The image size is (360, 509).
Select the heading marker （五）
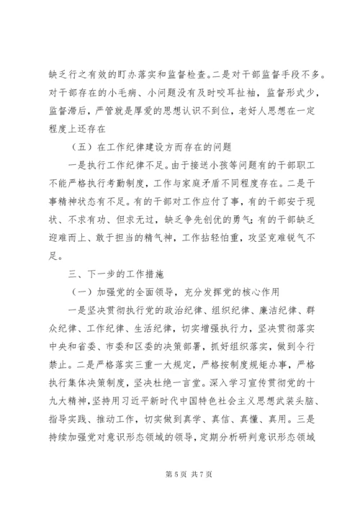coord(73,150)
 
